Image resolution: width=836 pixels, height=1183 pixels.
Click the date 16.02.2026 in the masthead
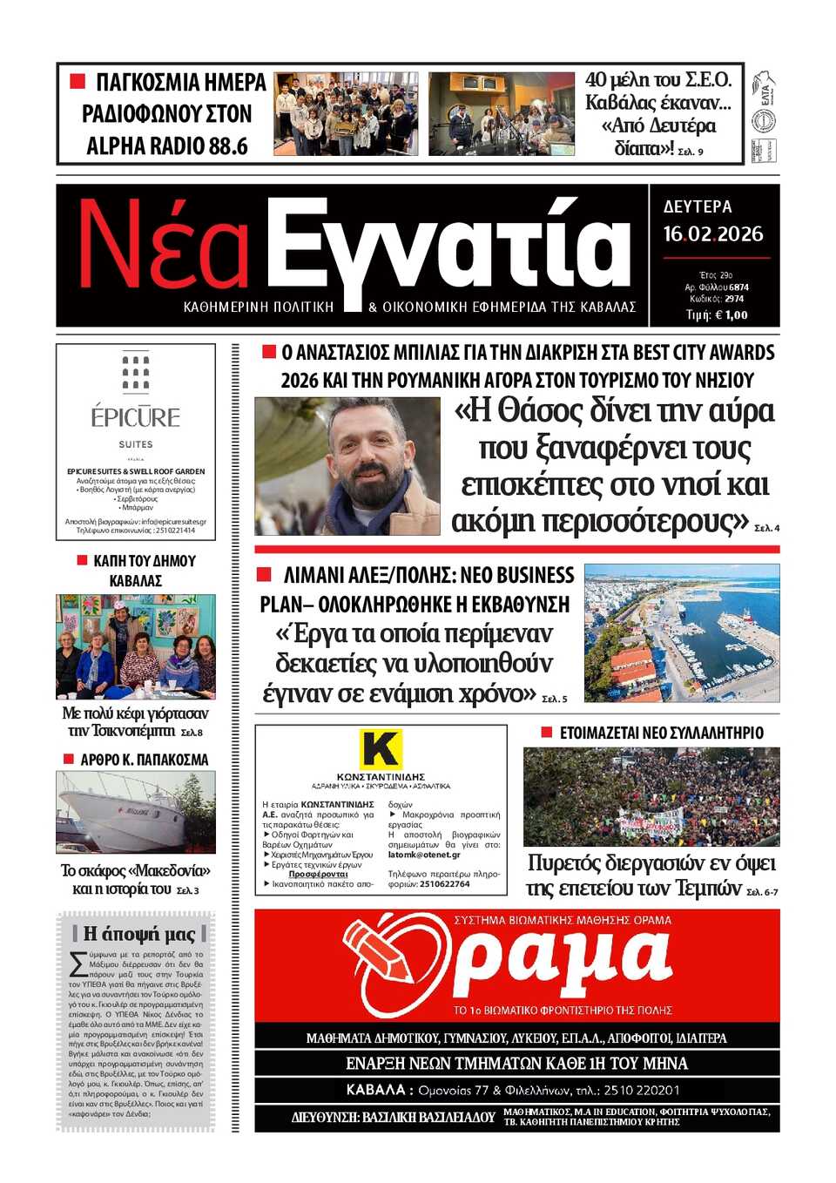[712, 234]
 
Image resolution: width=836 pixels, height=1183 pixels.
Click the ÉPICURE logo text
[136, 417]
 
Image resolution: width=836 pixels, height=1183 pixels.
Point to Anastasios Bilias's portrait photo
[347, 466]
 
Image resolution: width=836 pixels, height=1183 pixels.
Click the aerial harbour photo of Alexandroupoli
[682, 632]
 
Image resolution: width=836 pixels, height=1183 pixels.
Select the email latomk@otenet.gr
[424, 855]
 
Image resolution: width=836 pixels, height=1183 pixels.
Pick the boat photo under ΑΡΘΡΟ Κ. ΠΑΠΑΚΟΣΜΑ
[136, 812]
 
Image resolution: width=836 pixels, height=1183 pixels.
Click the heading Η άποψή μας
[139, 934]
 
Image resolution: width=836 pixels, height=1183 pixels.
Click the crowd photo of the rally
[651, 797]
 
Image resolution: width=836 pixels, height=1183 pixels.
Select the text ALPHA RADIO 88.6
[167, 145]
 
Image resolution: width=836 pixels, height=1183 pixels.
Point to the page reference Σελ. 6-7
[762, 892]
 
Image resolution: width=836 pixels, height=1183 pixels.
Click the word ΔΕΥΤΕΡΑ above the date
[698, 207]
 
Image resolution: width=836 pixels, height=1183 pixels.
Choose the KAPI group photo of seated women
[136, 646]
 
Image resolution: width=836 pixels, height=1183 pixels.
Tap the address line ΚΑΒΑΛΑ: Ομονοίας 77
[516, 1090]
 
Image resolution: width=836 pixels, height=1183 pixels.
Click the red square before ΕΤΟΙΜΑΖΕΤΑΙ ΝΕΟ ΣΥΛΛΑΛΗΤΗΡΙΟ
[547, 733]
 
